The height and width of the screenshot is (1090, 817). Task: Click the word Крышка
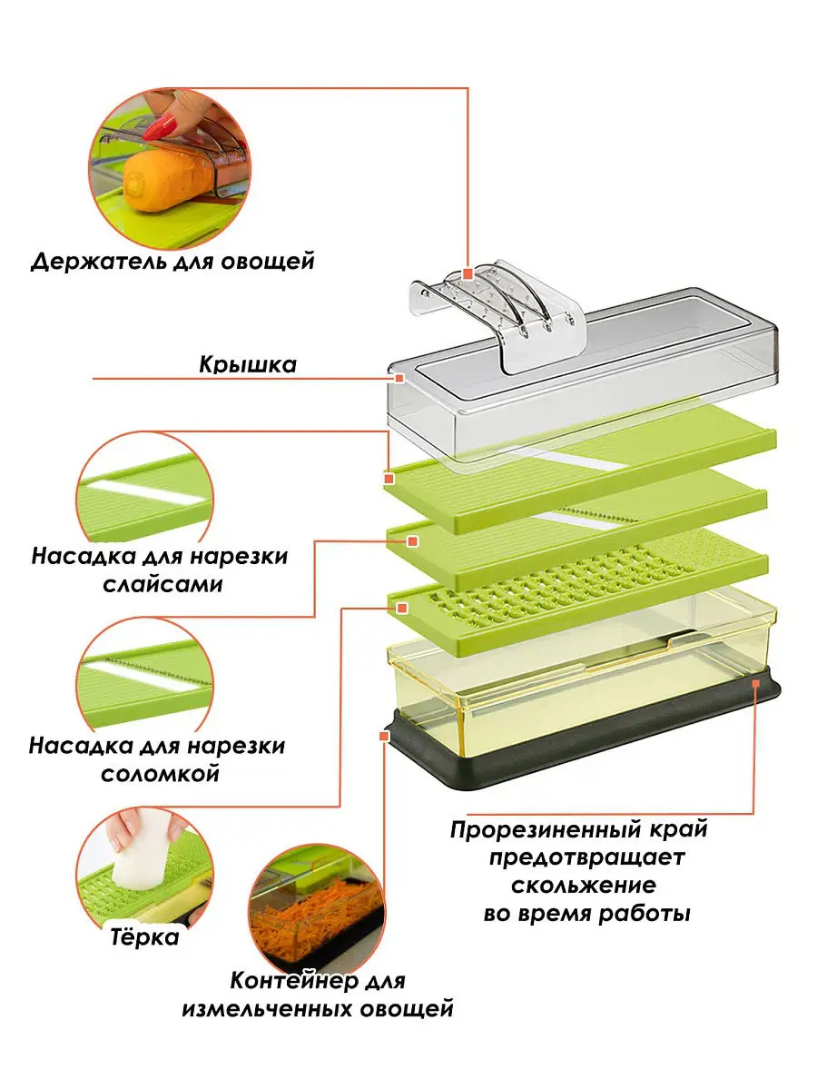(248, 365)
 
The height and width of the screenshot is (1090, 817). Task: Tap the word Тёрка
(144, 937)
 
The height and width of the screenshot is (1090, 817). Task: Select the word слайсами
(162, 584)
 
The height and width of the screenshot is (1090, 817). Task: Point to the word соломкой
(160, 773)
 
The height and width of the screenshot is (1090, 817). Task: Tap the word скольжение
(584, 885)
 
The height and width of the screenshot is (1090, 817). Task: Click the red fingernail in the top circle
(160, 125)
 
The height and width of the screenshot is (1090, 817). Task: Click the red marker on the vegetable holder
(467, 273)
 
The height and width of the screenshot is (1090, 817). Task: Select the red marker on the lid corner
(399, 379)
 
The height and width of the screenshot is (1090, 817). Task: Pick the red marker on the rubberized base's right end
(755, 684)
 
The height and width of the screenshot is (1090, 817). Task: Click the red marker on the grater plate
(402, 609)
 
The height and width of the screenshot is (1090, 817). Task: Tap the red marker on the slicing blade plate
(389, 479)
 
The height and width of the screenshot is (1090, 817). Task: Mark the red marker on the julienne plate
(413, 540)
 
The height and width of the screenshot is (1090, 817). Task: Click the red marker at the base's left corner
(383, 736)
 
